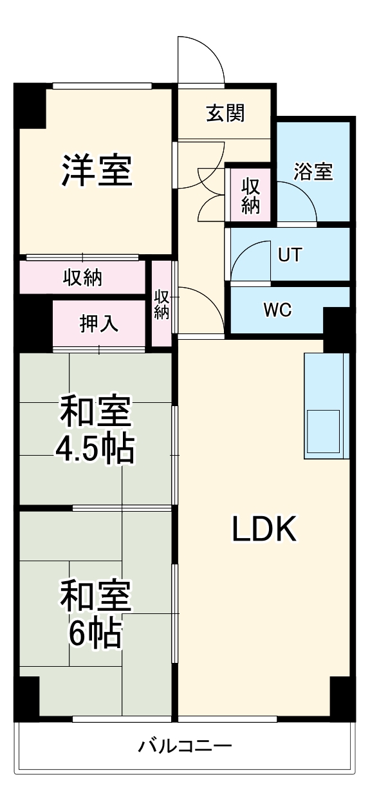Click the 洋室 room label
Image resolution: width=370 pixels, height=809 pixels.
[x=97, y=170]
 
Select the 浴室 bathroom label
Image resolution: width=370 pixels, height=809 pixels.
[x=313, y=172]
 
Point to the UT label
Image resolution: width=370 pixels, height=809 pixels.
[x=290, y=255]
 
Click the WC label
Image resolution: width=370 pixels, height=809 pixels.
[x=277, y=310]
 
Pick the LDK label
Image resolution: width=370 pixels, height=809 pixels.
[x=264, y=530]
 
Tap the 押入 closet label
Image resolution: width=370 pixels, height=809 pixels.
[x=98, y=324]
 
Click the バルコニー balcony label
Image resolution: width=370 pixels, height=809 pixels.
[x=185, y=747]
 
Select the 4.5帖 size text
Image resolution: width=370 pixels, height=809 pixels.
[x=95, y=449]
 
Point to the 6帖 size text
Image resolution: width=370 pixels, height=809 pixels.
[x=95, y=634]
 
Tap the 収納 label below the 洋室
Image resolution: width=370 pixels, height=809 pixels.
[x=82, y=278]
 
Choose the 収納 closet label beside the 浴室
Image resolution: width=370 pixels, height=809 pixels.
[x=250, y=195]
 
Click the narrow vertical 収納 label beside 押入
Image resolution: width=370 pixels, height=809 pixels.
[x=162, y=304]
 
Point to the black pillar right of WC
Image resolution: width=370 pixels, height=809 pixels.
[x=336, y=328]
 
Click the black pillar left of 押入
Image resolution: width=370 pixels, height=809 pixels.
[x=34, y=326]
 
